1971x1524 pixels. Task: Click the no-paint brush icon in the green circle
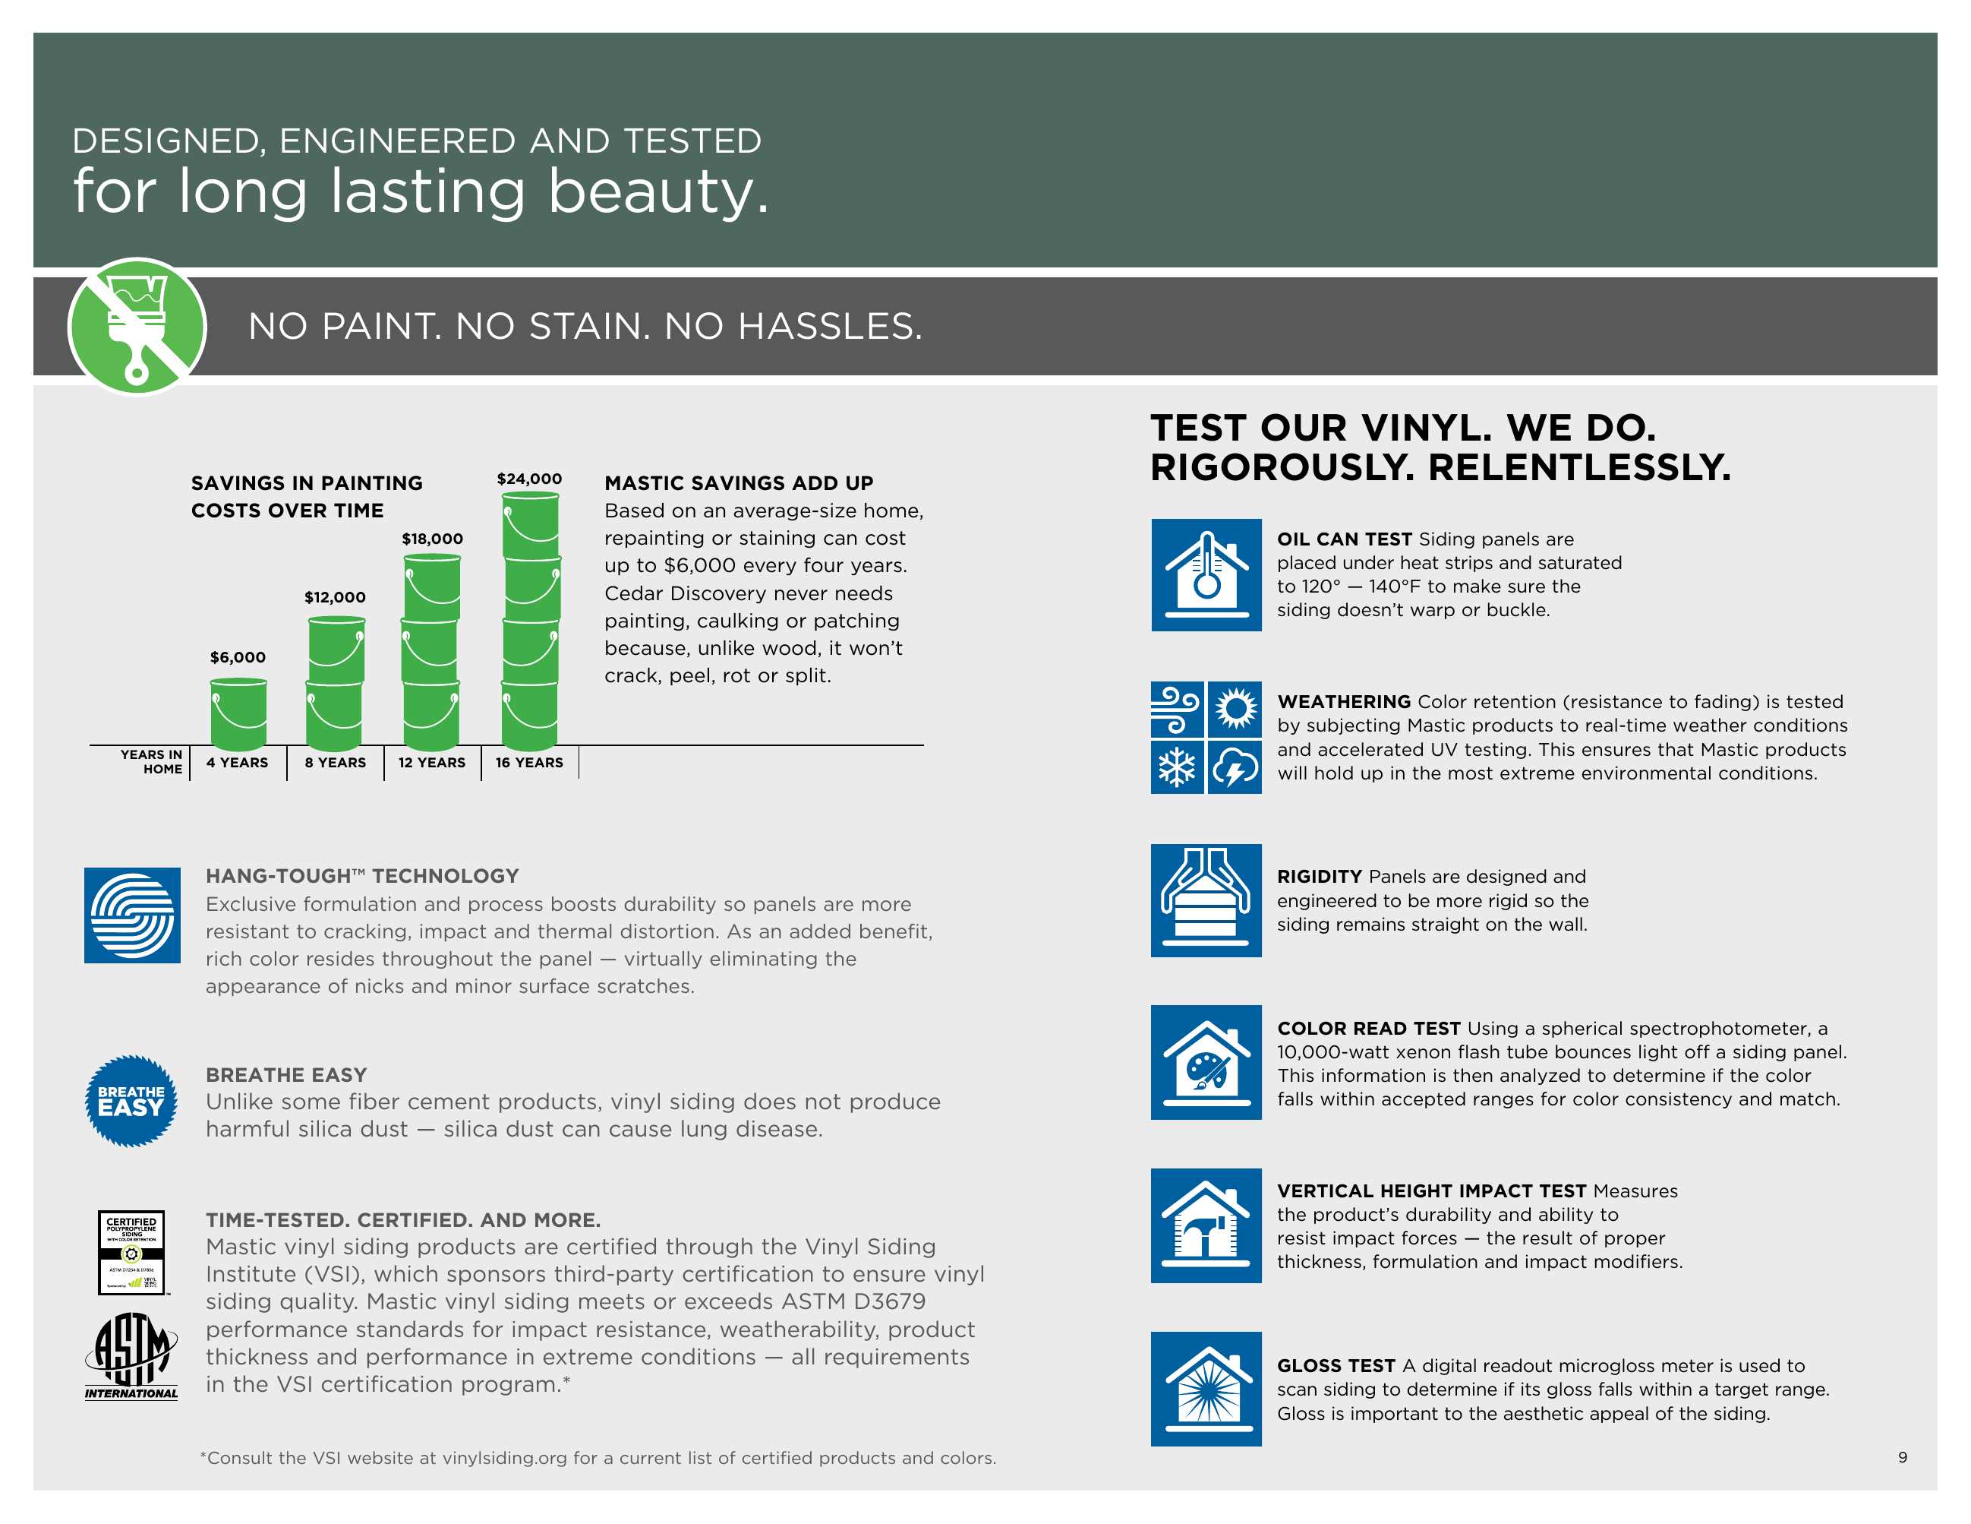[137, 327]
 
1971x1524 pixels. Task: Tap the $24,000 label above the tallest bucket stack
[529, 479]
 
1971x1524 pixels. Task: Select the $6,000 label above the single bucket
[238, 657]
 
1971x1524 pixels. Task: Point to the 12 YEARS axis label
[431, 763]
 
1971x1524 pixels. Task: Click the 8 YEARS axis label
[335, 763]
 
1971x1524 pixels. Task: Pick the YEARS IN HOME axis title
[153, 762]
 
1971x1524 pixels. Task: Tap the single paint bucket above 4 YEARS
[238, 714]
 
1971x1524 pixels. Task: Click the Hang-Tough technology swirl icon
[132, 915]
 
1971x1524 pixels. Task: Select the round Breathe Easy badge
[131, 1101]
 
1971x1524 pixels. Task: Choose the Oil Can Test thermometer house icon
[1206, 575]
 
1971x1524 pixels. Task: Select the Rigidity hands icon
[1206, 900]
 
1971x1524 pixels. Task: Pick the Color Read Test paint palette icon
[1206, 1063]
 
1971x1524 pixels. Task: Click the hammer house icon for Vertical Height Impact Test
[1206, 1225]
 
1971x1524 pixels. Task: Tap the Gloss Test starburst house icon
[1206, 1389]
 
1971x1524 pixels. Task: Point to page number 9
[1903, 1457]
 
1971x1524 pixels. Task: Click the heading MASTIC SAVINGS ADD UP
[738, 483]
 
